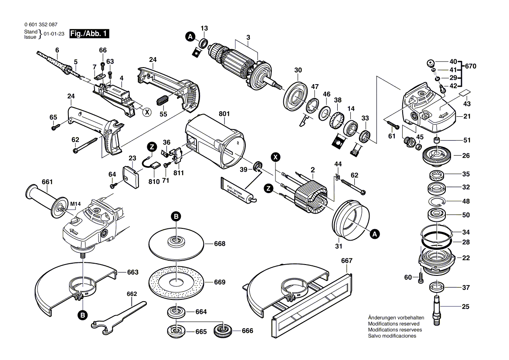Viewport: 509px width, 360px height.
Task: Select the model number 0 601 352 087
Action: coord(41,25)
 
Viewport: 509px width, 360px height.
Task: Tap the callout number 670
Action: coord(470,67)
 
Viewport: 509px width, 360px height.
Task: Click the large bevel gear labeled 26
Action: coord(437,155)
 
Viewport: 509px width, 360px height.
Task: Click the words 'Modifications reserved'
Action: coord(394,324)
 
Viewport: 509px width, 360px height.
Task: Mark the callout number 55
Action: coord(163,114)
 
